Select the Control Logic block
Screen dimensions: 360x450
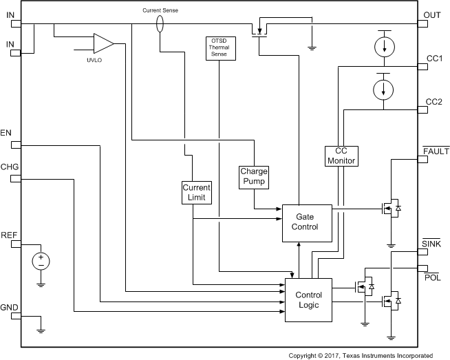(308, 300)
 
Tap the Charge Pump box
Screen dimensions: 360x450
(253, 177)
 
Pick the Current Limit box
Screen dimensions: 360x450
(196, 192)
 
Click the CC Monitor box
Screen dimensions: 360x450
(341, 156)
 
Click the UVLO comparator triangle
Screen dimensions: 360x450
(104, 43)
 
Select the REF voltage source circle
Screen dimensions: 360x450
(41, 262)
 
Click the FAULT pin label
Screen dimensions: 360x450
(436, 151)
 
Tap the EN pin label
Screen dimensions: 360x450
(6, 132)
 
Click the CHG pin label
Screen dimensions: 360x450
(10, 167)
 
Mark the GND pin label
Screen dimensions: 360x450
(10, 307)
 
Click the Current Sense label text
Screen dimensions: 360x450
(160, 11)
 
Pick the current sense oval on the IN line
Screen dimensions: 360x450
(160, 25)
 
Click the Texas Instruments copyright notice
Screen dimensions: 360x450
(361, 355)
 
